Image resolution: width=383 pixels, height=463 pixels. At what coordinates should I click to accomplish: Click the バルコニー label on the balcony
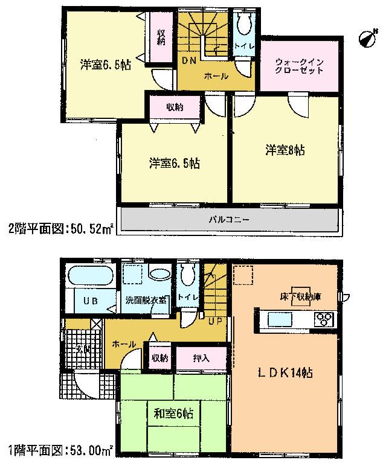pyautogui.click(x=229, y=219)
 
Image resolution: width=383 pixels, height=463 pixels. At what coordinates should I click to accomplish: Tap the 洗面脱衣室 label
pyautogui.click(x=147, y=300)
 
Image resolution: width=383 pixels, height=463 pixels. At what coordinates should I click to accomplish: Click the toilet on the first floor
pyautogui.click(x=188, y=277)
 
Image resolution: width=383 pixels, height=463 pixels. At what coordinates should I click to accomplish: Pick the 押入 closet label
pyautogui.click(x=201, y=358)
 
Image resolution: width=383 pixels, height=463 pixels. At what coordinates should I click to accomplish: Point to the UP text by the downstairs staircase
pyautogui.click(x=214, y=321)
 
